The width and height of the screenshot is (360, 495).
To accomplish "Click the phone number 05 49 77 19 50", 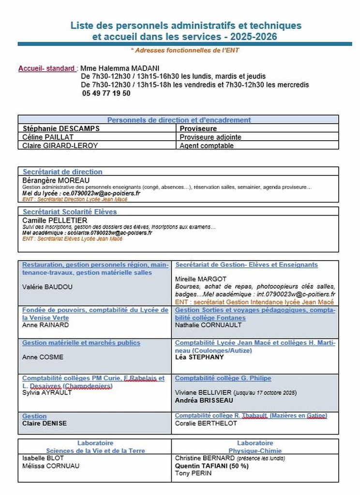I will click(106, 94).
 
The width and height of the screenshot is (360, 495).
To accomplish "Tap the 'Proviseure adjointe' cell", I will click(210, 137).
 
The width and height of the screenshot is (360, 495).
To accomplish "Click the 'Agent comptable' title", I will click(207, 146).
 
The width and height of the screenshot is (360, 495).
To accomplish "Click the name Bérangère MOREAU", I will click(56, 180).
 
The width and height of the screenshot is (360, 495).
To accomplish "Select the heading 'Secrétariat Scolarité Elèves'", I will click(70, 212).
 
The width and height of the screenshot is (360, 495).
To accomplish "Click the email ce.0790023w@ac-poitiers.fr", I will click(101, 193).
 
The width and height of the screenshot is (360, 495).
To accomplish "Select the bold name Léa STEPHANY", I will click(199, 357).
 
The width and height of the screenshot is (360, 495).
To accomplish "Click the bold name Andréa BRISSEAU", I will click(204, 400).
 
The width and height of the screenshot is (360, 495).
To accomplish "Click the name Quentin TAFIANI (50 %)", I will click(211, 466).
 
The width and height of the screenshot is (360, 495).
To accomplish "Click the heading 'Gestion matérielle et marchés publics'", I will click(81, 343).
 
